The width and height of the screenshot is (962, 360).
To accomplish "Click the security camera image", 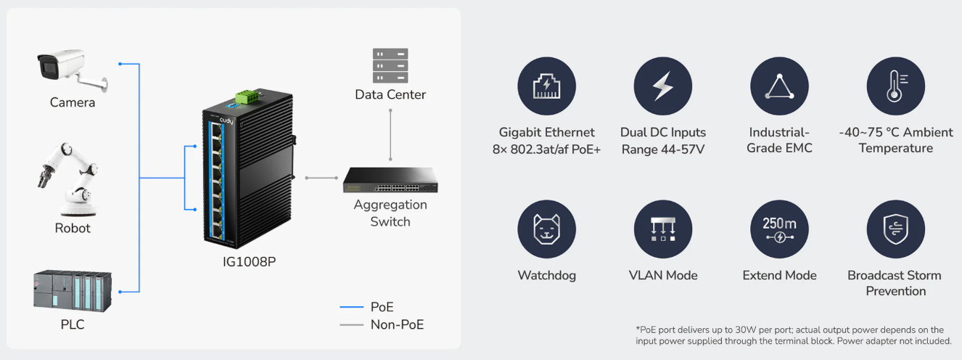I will coord(71,70).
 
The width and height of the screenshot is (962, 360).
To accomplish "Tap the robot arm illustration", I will coord(71,179).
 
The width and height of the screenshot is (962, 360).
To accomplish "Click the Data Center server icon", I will coord(390,66).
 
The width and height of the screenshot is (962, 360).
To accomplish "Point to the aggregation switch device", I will coord(390,181).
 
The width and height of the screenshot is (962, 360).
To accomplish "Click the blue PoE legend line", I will coord(351,308).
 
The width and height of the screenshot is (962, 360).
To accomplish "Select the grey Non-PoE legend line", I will coord(351,325).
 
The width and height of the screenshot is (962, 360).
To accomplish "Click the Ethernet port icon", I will coord(546,86).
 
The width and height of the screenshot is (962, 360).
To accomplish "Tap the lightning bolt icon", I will coord(662,86).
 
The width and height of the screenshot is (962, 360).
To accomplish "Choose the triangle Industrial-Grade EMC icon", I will coord(779,86).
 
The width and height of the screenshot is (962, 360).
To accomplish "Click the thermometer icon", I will coord(895,86).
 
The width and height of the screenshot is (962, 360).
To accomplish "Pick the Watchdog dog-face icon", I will coord(546,229).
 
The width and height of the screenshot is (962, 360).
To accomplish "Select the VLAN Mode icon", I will coord(662,229).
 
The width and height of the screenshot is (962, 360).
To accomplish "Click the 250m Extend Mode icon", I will coord(779,229).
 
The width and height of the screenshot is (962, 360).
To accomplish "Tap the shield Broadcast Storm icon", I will coord(895,229).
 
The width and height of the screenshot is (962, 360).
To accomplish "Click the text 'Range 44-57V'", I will coord(662,149).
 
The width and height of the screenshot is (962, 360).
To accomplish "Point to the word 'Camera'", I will coord(73,102).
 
